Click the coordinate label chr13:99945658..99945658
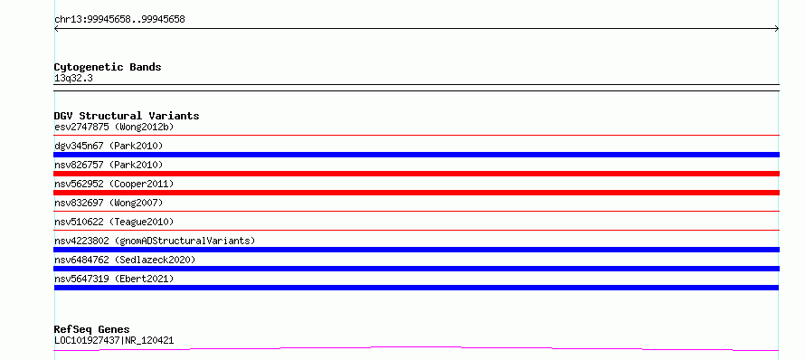pyautogui.click(x=119, y=20)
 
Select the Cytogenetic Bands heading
pyautogui.click(x=108, y=67)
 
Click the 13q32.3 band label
pyautogui.click(x=73, y=79)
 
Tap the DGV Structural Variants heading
pyautogui.click(x=127, y=116)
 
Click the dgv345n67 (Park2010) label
pyautogui.click(x=109, y=146)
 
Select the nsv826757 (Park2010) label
pyautogui.click(x=109, y=165)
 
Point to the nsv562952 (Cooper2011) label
pyautogui.click(x=114, y=184)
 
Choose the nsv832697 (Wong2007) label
pyautogui.click(x=109, y=203)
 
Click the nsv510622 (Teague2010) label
pyautogui.click(x=114, y=222)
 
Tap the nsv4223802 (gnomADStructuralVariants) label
pyautogui.click(x=155, y=241)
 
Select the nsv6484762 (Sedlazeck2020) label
pyautogui.click(x=125, y=260)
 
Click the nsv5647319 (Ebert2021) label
pyautogui.click(x=114, y=279)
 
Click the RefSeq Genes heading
pyautogui.click(x=92, y=329)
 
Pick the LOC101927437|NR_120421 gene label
pyautogui.click(x=114, y=340)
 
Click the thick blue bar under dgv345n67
pyautogui.click(x=416, y=155)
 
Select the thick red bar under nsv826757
pyautogui.click(x=416, y=174)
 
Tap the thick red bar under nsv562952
pyautogui.click(x=416, y=193)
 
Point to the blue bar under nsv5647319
pyautogui.click(x=416, y=288)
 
